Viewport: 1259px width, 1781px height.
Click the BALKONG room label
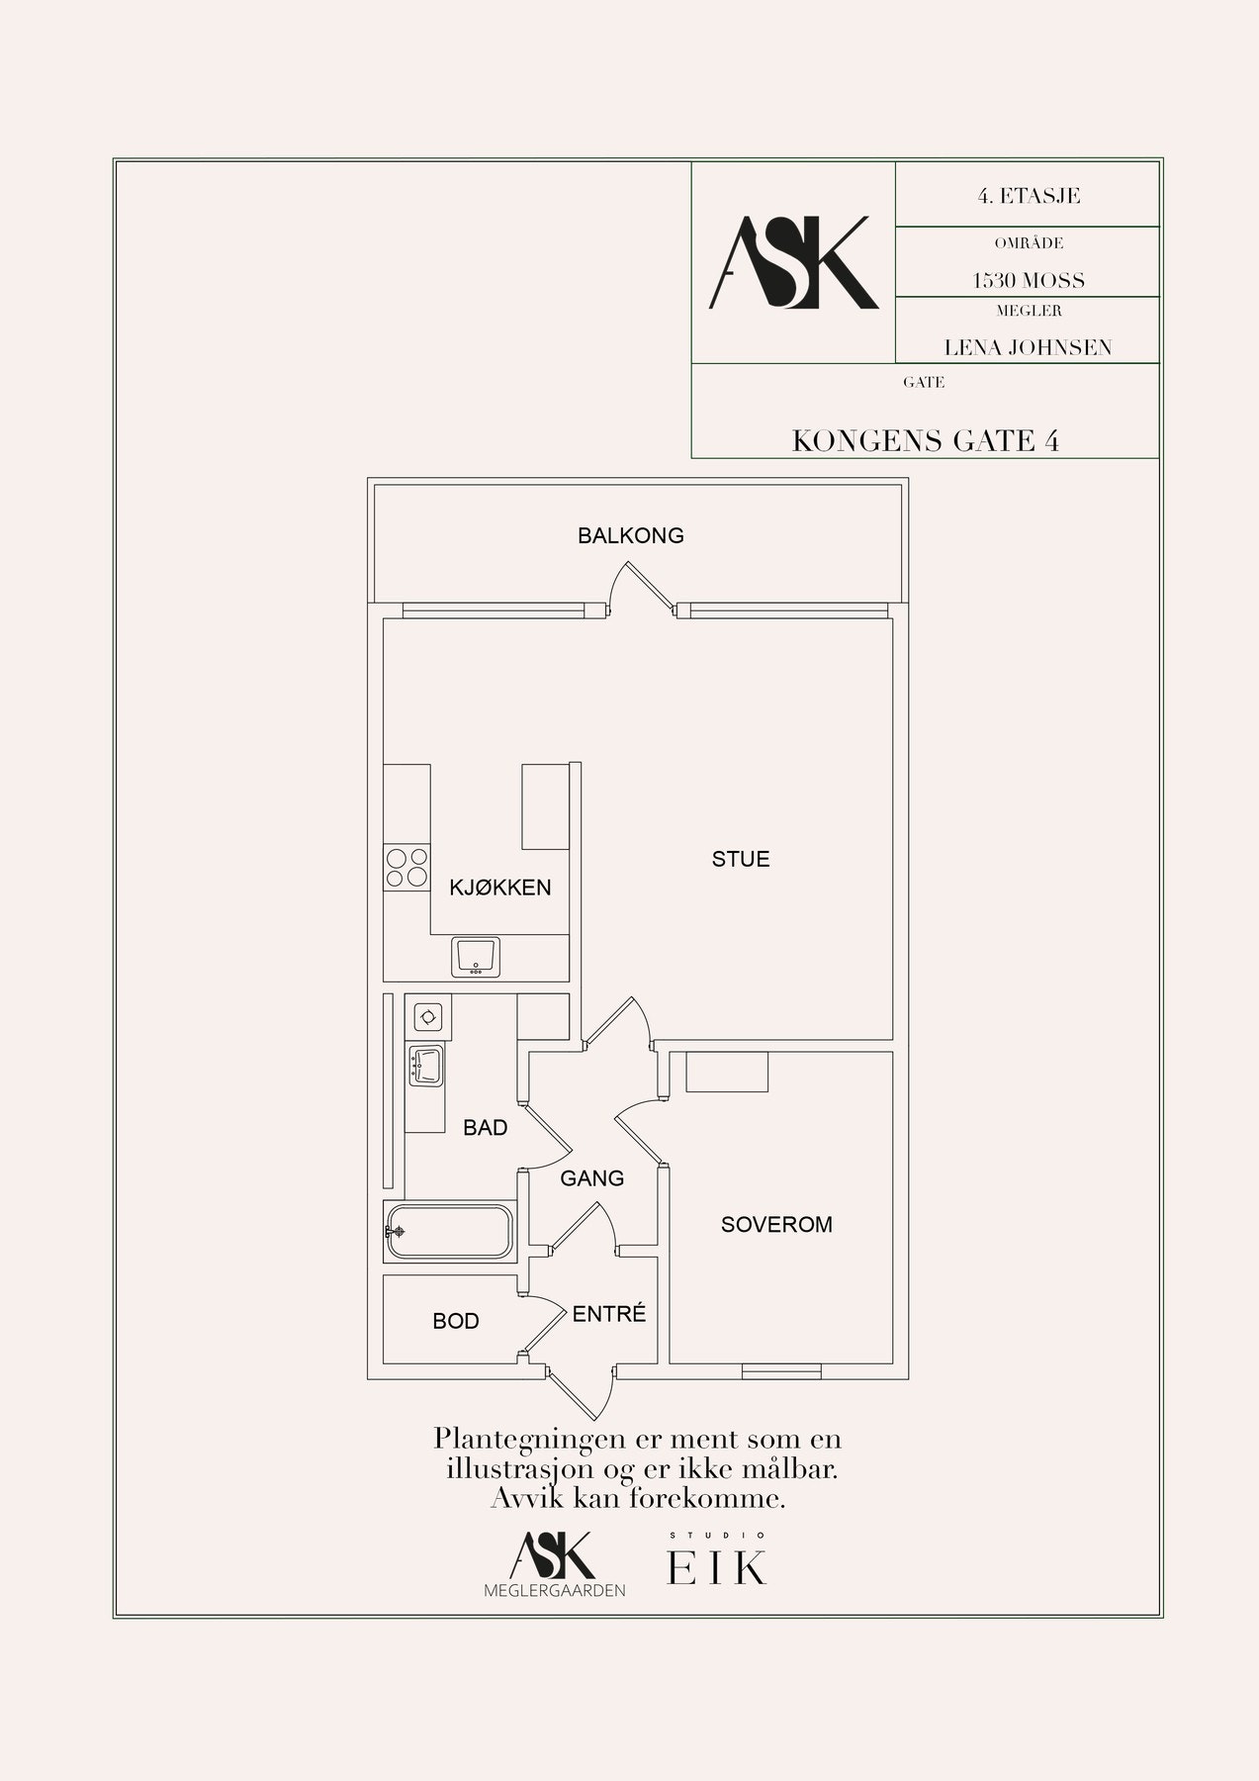pyautogui.click(x=630, y=536)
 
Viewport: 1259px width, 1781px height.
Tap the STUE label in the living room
pyautogui.click(x=741, y=859)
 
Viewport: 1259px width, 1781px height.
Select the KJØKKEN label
pyautogui.click(x=500, y=888)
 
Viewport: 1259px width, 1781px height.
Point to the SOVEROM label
pyautogui.click(x=776, y=1225)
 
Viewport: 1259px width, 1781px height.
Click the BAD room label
pyautogui.click(x=486, y=1128)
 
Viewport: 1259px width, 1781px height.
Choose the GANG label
pyautogui.click(x=592, y=1178)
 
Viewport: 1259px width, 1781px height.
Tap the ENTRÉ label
pyautogui.click(x=609, y=1314)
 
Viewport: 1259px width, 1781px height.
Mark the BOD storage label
pyautogui.click(x=456, y=1322)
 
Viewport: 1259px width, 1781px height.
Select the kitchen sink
pyautogui.click(x=477, y=957)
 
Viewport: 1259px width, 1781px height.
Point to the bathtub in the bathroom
pyautogui.click(x=450, y=1232)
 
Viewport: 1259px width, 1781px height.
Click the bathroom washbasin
pyautogui.click(x=426, y=1066)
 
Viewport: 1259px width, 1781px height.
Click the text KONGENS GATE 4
pyautogui.click(x=926, y=441)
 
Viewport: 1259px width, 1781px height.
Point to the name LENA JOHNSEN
pyautogui.click(x=1028, y=347)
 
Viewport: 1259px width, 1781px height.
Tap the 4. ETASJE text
pyautogui.click(x=1029, y=196)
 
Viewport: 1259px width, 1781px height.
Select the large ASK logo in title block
pyautogui.click(x=794, y=262)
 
